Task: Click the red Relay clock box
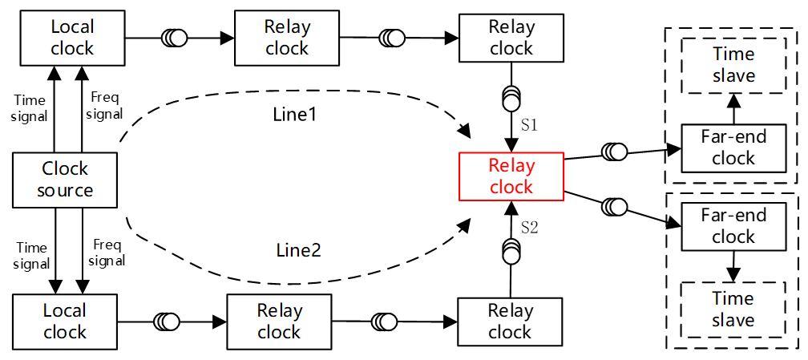(511, 176)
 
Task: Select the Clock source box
(66, 180)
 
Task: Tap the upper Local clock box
(72, 37)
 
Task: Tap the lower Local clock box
(66, 321)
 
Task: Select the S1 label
(528, 126)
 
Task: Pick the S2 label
(529, 228)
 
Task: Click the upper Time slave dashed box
(733, 64)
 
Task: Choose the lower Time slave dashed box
(733, 309)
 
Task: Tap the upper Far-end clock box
(733, 148)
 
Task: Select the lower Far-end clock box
(733, 226)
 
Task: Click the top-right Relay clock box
(511, 37)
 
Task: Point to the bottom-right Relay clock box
(510, 321)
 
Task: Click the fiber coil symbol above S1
(511, 98)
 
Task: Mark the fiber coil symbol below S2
(511, 251)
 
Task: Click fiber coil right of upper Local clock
(174, 37)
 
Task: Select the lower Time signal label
(32, 256)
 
